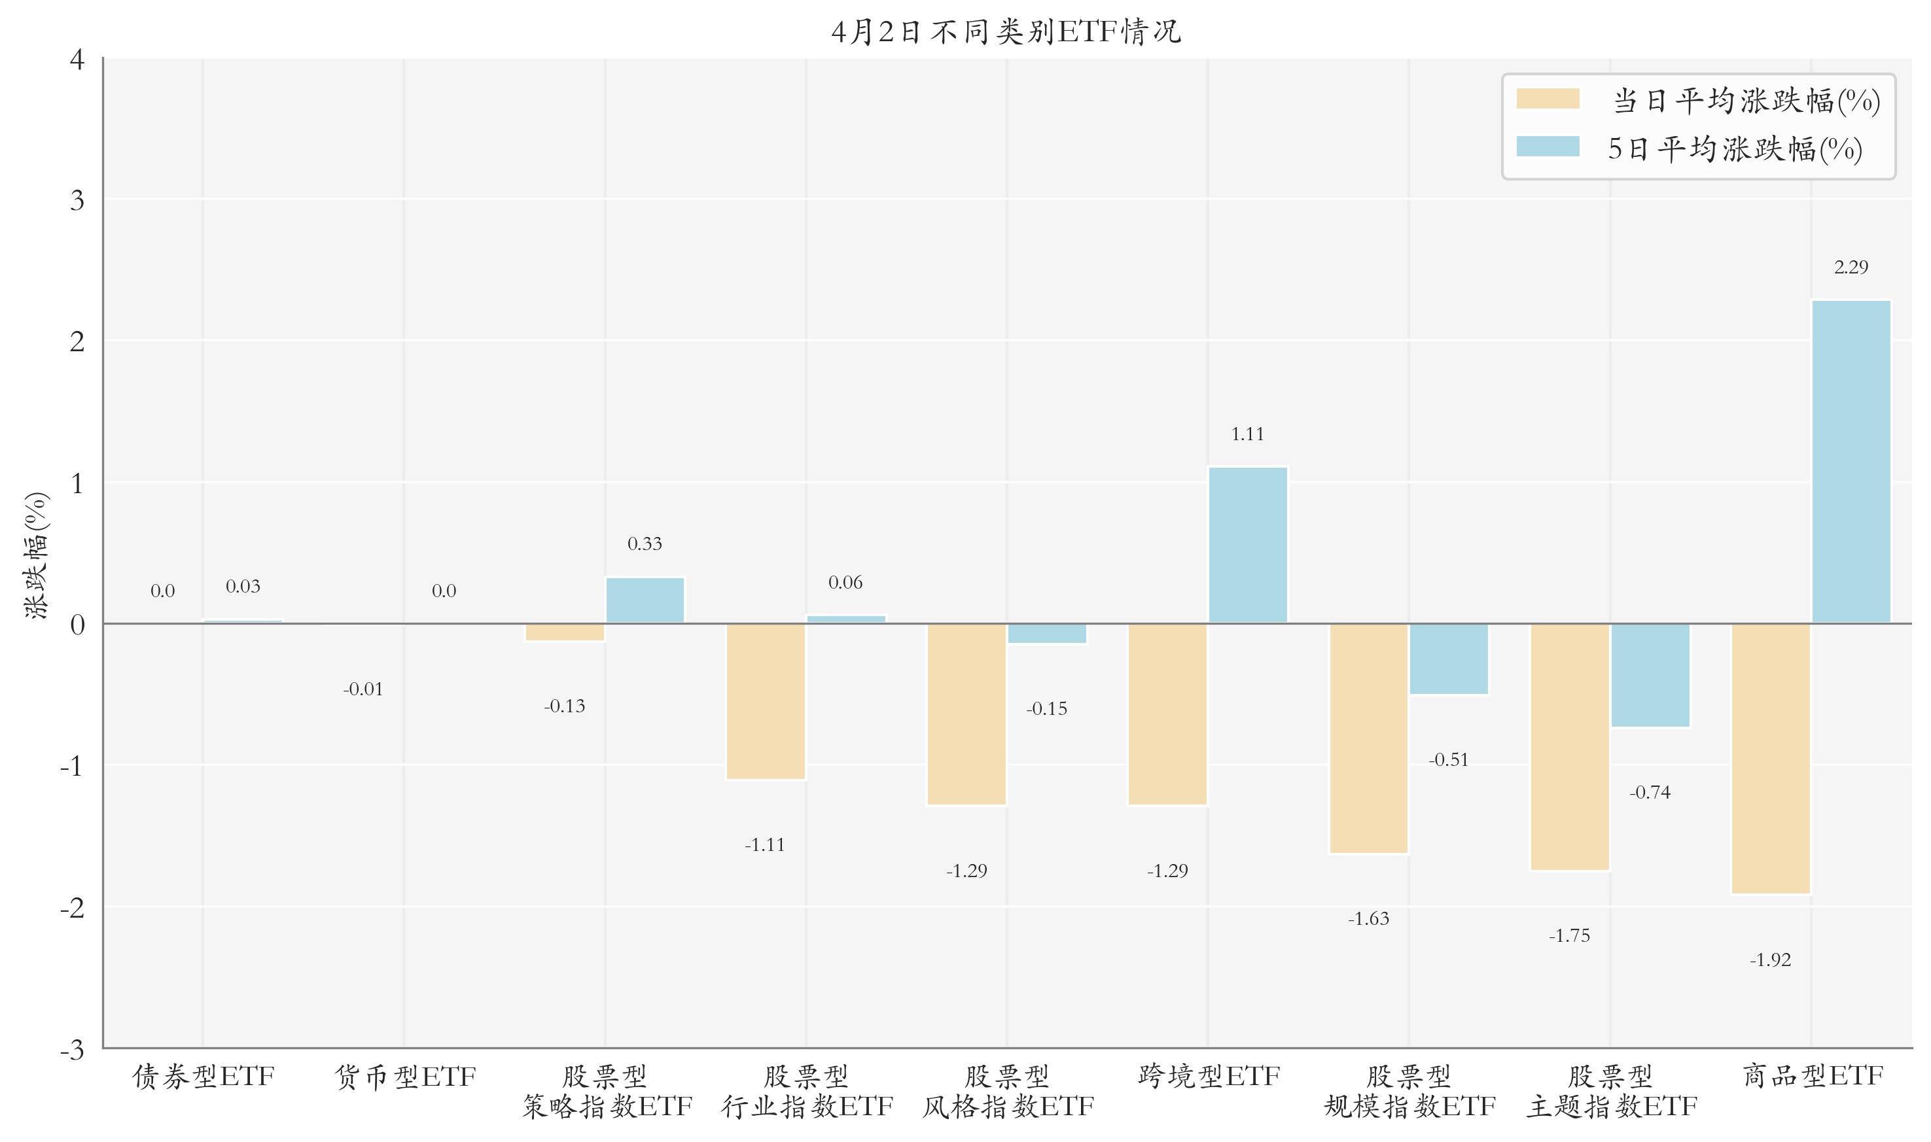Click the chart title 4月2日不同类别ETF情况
coord(1006,32)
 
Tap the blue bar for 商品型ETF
coord(1851,462)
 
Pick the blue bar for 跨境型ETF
coord(1248,545)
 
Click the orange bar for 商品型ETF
coord(1770,759)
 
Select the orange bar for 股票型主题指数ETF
coord(1569,746)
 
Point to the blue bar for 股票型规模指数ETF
coord(1449,659)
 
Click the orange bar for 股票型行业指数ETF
coord(766,702)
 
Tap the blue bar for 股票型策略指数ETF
coord(645,600)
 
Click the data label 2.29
coord(1851,268)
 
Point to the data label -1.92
coord(1770,960)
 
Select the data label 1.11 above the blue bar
coord(1248,435)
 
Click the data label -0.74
coord(1650,793)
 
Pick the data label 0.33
coord(645,545)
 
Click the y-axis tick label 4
coord(77,60)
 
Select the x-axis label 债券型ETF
coord(204,1077)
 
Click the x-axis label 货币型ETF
coord(405,1077)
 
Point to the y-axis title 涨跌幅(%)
coord(37,554)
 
